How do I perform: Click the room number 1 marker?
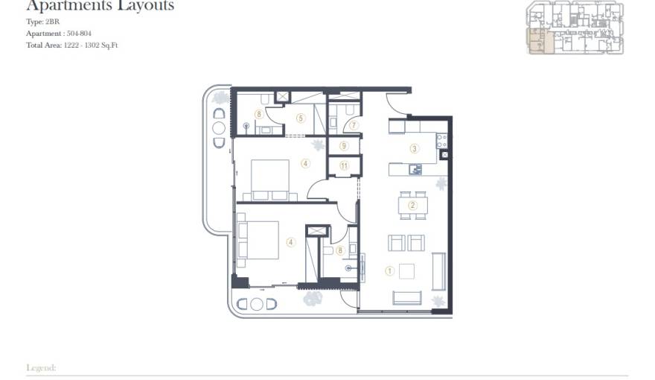[x=389, y=271]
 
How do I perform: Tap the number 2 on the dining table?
[x=412, y=205]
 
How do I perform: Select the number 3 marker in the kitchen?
[x=415, y=148]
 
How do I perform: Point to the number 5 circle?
[x=301, y=117]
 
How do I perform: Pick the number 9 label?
[x=343, y=146]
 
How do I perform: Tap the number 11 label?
[x=344, y=165]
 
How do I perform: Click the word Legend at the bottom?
[x=41, y=368]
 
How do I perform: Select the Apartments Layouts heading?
[x=100, y=6]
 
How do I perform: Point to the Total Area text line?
[x=71, y=45]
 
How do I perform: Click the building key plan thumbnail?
[x=575, y=28]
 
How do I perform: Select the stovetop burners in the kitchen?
[x=441, y=139]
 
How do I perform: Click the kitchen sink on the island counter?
[x=416, y=169]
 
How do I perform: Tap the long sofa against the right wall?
[x=438, y=271]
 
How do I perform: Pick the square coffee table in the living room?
[x=407, y=270]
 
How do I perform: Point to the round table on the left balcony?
[x=219, y=127]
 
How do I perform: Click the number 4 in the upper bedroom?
[x=304, y=163]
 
